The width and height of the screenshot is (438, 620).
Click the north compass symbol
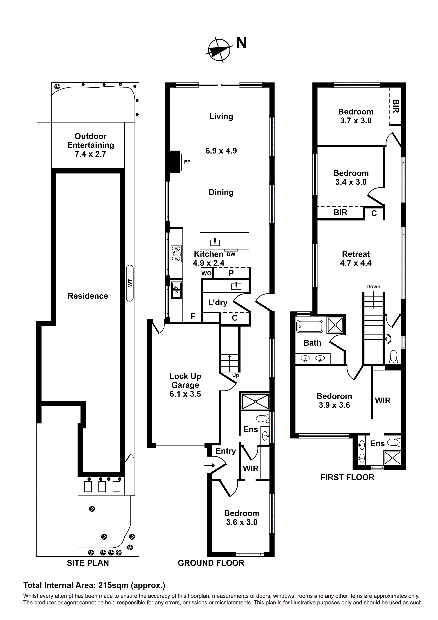click(x=219, y=50)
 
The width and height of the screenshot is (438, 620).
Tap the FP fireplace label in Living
click(x=187, y=162)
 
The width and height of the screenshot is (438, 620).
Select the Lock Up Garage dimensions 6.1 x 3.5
click(x=185, y=394)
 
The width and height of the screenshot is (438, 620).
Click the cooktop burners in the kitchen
click(x=176, y=254)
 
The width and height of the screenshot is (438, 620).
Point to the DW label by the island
click(x=231, y=254)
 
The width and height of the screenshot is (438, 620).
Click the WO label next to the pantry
click(x=206, y=273)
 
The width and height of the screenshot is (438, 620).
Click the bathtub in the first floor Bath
click(x=309, y=326)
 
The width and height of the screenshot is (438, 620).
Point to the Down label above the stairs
click(x=373, y=287)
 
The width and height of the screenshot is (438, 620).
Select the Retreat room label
click(x=356, y=254)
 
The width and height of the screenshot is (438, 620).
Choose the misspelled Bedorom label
click(x=334, y=396)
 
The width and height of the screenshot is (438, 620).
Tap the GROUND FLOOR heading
click(x=211, y=563)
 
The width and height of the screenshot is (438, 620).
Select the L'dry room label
click(x=218, y=303)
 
